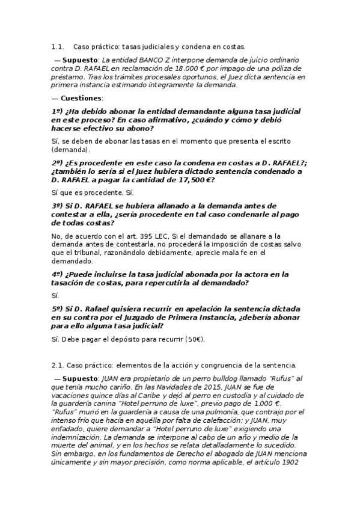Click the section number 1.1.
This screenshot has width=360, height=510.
(x=58, y=46)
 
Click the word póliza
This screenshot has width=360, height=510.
(x=291, y=69)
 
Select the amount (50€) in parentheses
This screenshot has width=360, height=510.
(x=195, y=339)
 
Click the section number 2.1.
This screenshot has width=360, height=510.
(x=58, y=365)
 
